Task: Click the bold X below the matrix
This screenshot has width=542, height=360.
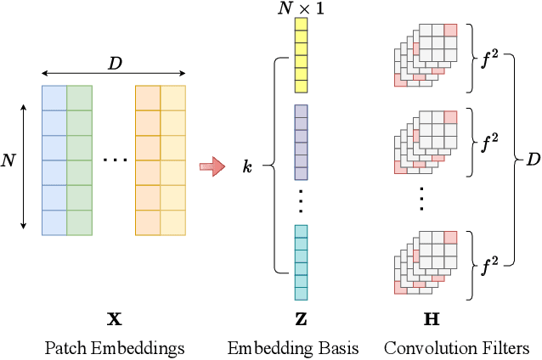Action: [x=114, y=320]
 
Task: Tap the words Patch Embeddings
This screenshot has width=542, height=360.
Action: [x=114, y=348]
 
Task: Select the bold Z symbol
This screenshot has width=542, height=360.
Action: [x=302, y=320]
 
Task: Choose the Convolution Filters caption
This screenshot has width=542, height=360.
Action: [x=456, y=348]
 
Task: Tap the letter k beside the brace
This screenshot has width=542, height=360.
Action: [x=247, y=167]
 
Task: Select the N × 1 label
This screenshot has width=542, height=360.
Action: [x=302, y=8]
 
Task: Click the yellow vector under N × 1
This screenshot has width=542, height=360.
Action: [x=302, y=55]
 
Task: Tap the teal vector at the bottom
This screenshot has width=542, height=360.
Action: [x=302, y=262]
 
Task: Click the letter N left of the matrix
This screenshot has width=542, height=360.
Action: [x=9, y=160]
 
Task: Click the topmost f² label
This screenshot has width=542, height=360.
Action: [x=489, y=61]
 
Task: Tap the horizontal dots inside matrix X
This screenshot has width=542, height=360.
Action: [x=114, y=160]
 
